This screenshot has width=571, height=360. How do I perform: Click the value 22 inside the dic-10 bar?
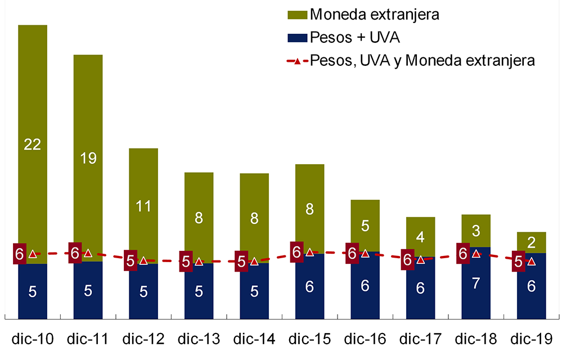tap(33, 145)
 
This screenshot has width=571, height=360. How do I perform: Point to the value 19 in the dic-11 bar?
tap(88, 159)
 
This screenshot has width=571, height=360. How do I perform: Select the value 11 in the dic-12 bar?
tap(143, 206)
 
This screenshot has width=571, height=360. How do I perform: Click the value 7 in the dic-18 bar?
tap(476, 284)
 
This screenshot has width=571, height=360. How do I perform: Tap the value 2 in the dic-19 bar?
tap(531, 242)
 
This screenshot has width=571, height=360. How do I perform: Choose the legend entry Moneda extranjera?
tap(374, 14)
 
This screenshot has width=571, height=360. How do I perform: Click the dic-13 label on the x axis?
tap(199, 339)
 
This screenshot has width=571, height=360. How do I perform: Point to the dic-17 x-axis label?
tap(420, 339)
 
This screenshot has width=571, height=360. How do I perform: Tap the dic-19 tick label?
tap(531, 339)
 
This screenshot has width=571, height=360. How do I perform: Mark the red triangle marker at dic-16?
tap(365, 254)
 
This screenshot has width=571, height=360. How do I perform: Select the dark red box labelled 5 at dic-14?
tap(241, 262)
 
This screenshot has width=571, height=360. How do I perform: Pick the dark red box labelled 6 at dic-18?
tap(462, 254)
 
